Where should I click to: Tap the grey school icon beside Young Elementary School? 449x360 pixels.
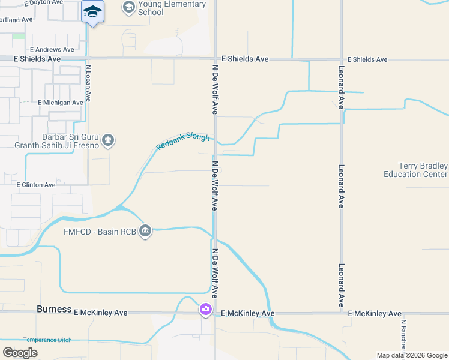pos(128,7)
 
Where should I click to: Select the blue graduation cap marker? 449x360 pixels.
pos(92,12)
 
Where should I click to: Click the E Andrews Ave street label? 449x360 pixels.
pos(52,49)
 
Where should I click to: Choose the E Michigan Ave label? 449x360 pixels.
pos(60,103)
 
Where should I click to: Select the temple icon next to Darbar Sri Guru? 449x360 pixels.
pos(108,140)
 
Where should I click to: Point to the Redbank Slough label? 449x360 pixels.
pos(183,142)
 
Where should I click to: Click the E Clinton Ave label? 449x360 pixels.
pos(36,185)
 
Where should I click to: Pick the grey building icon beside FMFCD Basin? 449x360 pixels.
pos(145,231)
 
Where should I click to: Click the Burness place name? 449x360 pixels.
pos(54,310)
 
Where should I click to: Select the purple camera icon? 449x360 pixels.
pos(206,310)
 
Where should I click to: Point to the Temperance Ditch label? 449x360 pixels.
pos(47,340)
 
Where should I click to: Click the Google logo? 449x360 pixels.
pos(20,353)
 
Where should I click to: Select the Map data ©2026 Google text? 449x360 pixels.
pos(412,355)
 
